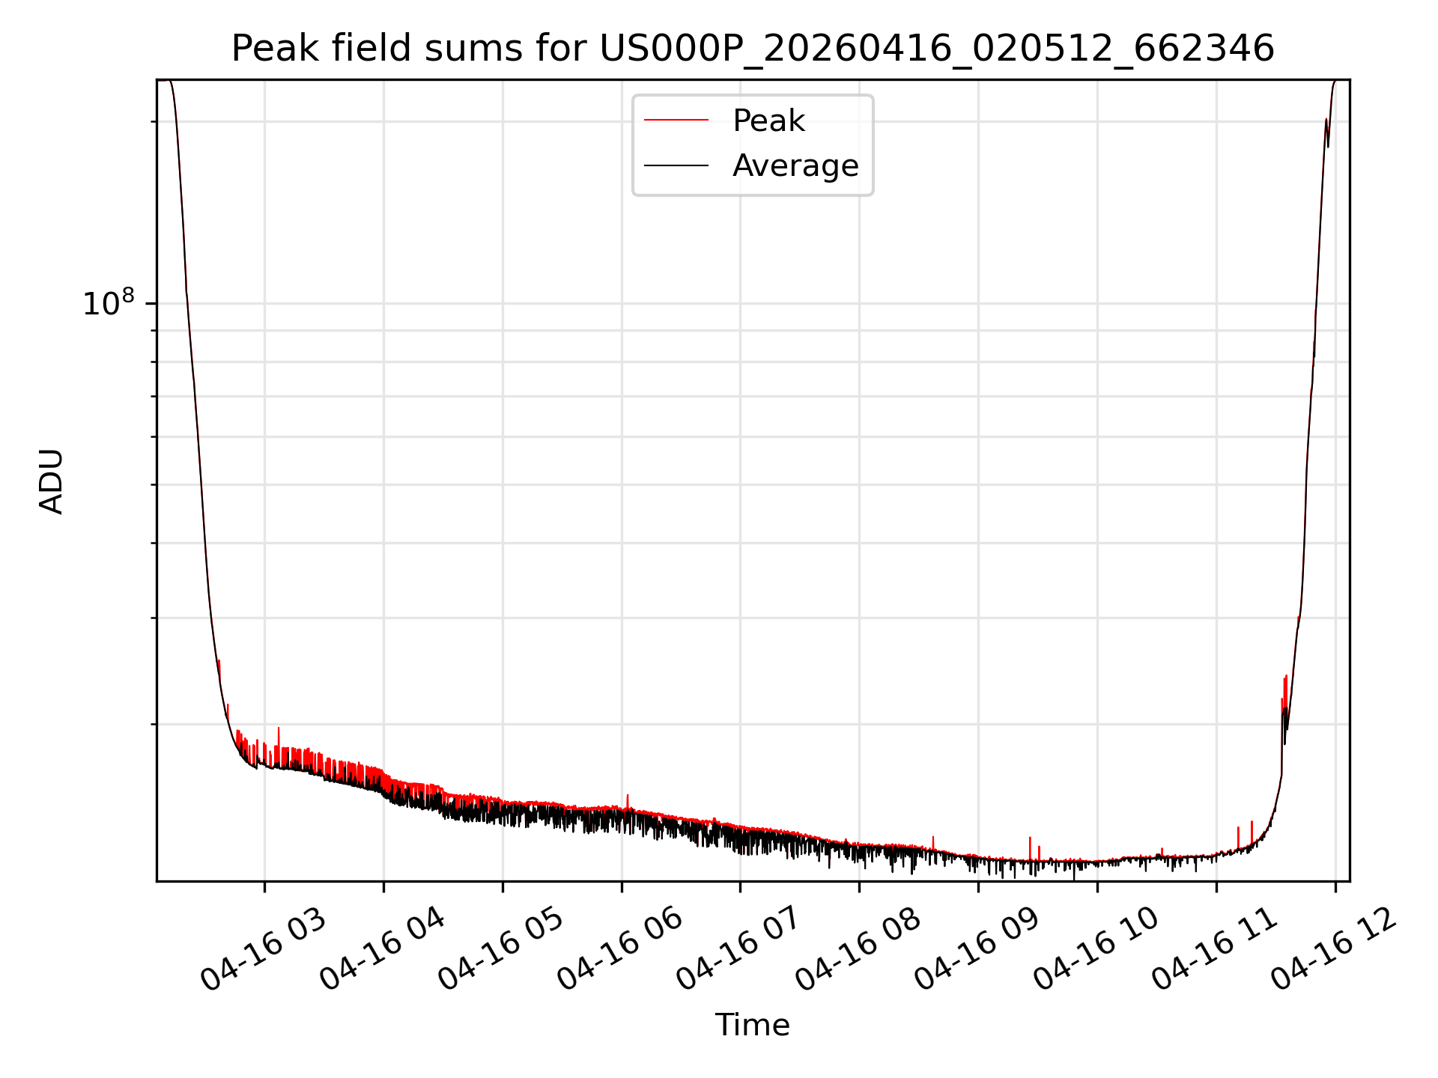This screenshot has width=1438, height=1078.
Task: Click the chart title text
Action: [x=753, y=49]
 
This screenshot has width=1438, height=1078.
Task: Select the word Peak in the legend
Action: [x=768, y=121]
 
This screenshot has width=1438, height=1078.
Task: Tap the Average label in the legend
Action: [x=795, y=165]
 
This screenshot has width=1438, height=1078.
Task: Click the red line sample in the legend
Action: [x=676, y=120]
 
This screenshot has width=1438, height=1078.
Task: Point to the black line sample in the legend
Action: [x=676, y=165]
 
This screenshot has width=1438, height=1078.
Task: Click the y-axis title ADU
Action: [x=52, y=481]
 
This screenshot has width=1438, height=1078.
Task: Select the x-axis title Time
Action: [x=753, y=1025]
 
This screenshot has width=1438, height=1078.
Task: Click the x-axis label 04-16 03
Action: [x=264, y=949]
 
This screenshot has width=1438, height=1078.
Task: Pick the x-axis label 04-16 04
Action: [x=383, y=949]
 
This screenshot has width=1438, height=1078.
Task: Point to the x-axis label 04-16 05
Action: [x=501, y=949]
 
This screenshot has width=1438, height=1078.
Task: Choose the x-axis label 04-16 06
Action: [x=620, y=949]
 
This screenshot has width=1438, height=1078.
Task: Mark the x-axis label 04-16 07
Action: [x=739, y=949]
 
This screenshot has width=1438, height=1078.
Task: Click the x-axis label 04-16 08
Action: [x=858, y=949]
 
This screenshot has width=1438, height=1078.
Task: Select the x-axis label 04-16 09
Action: [x=977, y=949]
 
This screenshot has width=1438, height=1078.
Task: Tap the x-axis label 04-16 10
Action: [x=1096, y=949]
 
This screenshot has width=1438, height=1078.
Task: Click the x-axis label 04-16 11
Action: [x=1215, y=949]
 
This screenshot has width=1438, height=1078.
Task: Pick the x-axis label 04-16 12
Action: [x=1334, y=949]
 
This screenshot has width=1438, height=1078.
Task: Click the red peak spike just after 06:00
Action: [x=628, y=801]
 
